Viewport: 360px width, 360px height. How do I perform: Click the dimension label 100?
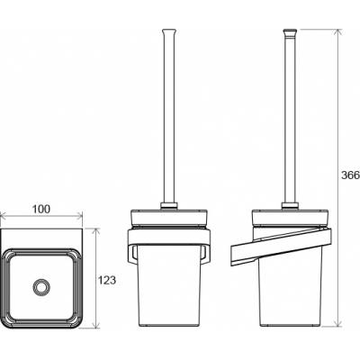point(41,209)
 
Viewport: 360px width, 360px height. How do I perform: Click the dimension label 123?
point(107,280)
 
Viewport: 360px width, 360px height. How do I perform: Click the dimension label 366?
point(351,175)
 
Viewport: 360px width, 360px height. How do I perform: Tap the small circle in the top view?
point(40,286)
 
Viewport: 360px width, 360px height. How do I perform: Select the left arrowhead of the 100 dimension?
point(3,215)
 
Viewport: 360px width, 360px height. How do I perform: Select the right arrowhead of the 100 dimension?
point(79,215)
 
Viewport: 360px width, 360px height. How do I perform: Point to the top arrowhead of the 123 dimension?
point(95,231)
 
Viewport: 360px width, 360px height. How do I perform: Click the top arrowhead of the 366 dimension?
point(338,32)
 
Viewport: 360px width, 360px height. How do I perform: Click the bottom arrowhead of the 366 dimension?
point(338,323)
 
